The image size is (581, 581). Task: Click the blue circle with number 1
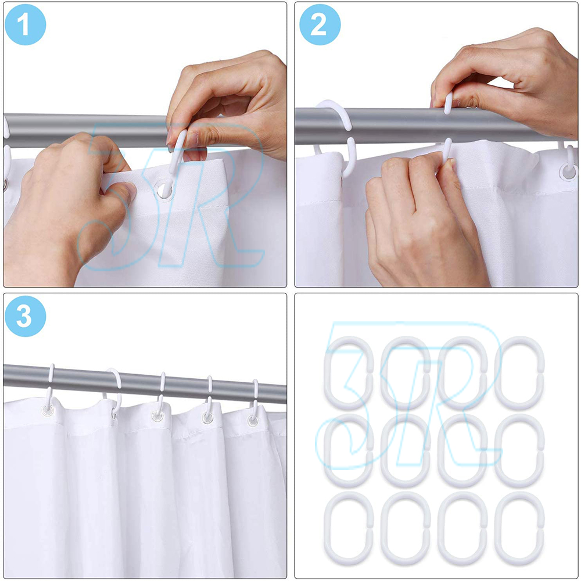click(25, 24)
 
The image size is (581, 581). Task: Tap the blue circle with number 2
click(320, 24)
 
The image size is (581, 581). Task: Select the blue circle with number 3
click(25, 316)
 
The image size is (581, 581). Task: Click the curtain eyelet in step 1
click(164, 190)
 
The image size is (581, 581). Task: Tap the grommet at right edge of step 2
click(568, 172)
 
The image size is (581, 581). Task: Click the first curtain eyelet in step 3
click(48, 410)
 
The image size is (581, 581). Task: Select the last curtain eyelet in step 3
click(253, 420)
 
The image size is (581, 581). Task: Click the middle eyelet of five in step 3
click(157, 416)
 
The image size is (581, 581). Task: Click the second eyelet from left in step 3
click(114, 412)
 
